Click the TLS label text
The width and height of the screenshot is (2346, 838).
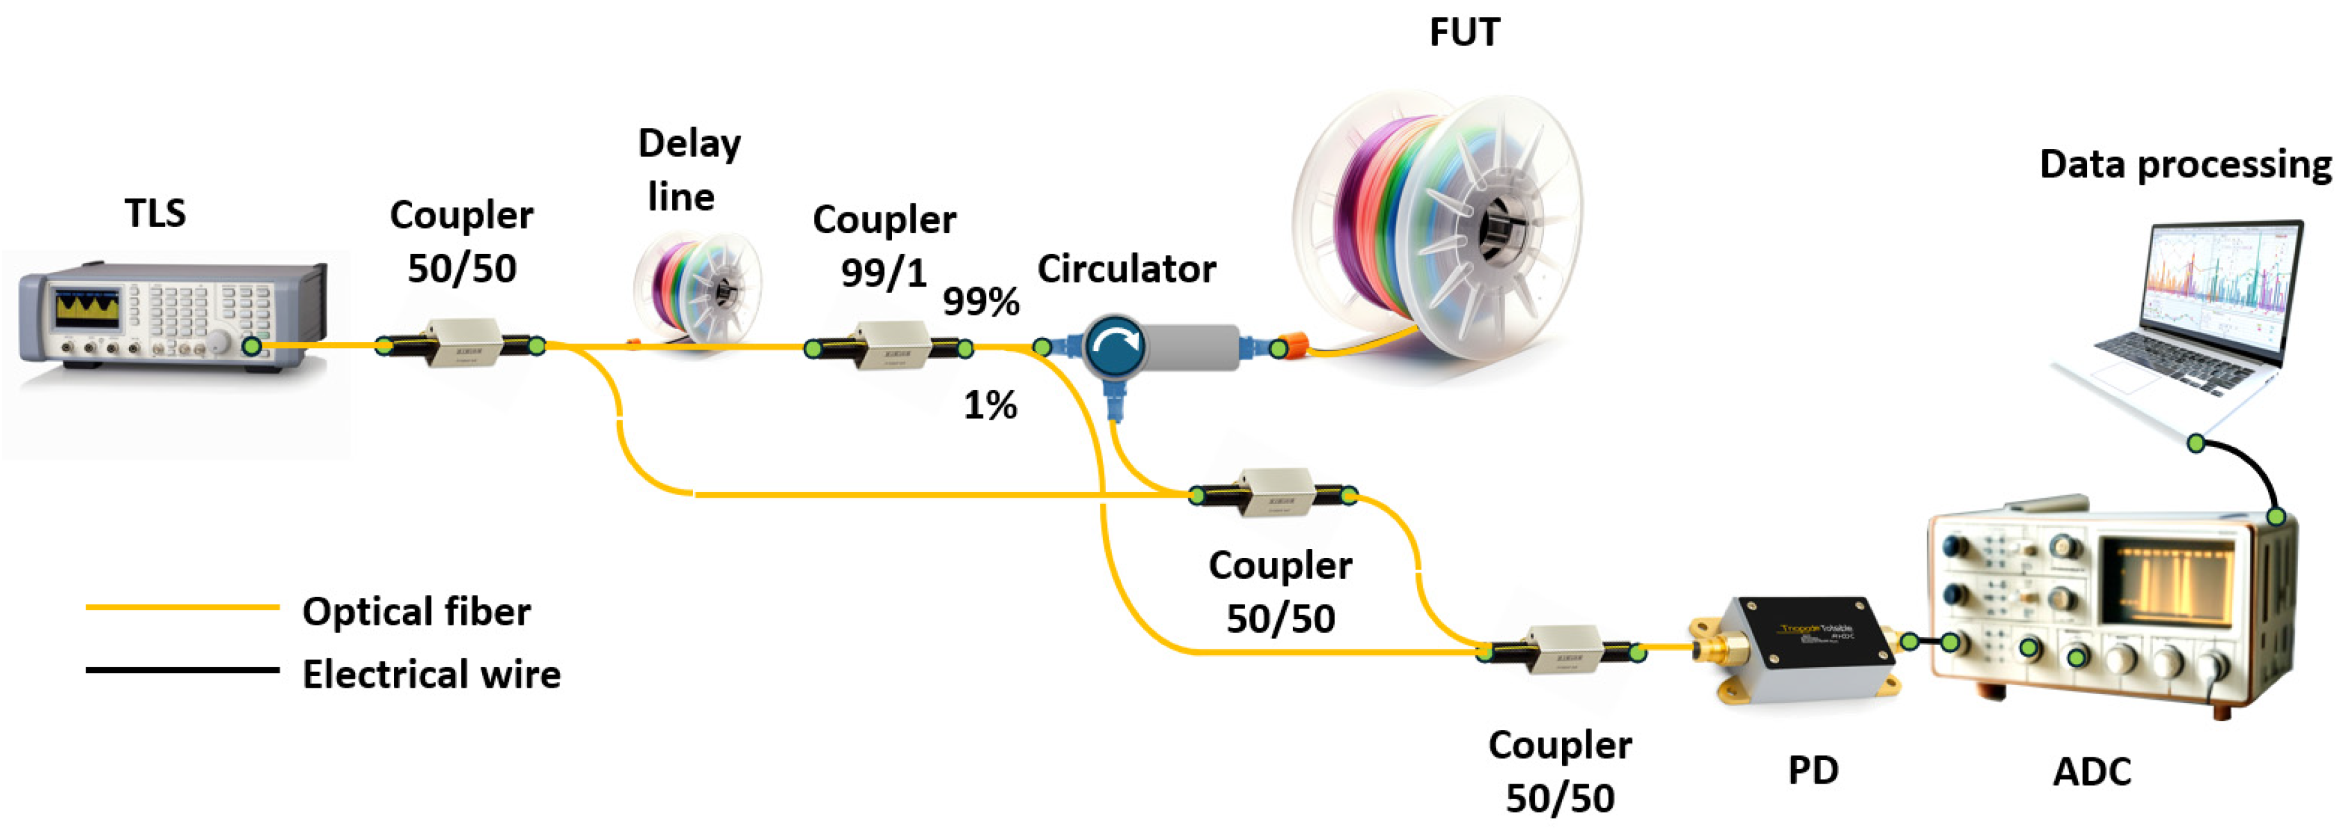click(x=155, y=213)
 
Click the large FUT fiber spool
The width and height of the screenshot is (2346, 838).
click(x=1439, y=219)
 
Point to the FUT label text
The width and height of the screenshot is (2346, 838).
click(x=1464, y=33)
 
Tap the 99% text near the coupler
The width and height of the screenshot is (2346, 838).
click(x=981, y=301)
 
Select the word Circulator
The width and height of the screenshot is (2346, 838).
click(x=1127, y=269)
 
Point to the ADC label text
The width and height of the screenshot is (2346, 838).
click(x=2092, y=771)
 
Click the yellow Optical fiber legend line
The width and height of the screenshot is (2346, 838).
click(x=182, y=606)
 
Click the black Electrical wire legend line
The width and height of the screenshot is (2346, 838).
click(x=182, y=670)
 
